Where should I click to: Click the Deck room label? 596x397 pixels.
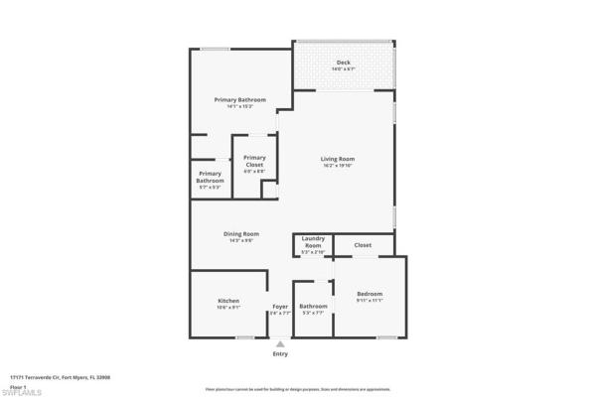pyautogui.click(x=343, y=63)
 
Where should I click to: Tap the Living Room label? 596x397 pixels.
pyautogui.click(x=338, y=159)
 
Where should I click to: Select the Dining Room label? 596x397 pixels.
pyautogui.click(x=241, y=233)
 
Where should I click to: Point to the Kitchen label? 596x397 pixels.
pyautogui.click(x=228, y=301)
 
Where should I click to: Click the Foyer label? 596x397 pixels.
pyautogui.click(x=280, y=306)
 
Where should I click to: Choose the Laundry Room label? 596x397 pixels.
pyautogui.click(x=313, y=242)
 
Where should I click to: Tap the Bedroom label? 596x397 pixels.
pyautogui.click(x=370, y=294)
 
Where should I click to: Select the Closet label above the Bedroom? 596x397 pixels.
pyautogui.click(x=363, y=244)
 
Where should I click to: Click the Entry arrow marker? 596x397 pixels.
pyautogui.click(x=280, y=343)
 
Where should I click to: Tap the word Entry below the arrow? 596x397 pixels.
pyautogui.click(x=280, y=354)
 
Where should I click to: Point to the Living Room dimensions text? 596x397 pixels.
pyautogui.click(x=338, y=166)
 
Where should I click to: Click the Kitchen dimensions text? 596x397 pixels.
pyautogui.click(x=228, y=308)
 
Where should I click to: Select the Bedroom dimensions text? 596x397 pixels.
pyautogui.click(x=370, y=301)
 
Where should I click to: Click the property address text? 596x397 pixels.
pyautogui.click(x=60, y=377)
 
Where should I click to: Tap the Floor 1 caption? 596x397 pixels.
pyautogui.click(x=17, y=385)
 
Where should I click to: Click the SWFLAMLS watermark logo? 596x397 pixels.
pyautogui.click(x=22, y=392)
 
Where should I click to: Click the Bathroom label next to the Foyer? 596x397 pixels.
pyautogui.click(x=313, y=306)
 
